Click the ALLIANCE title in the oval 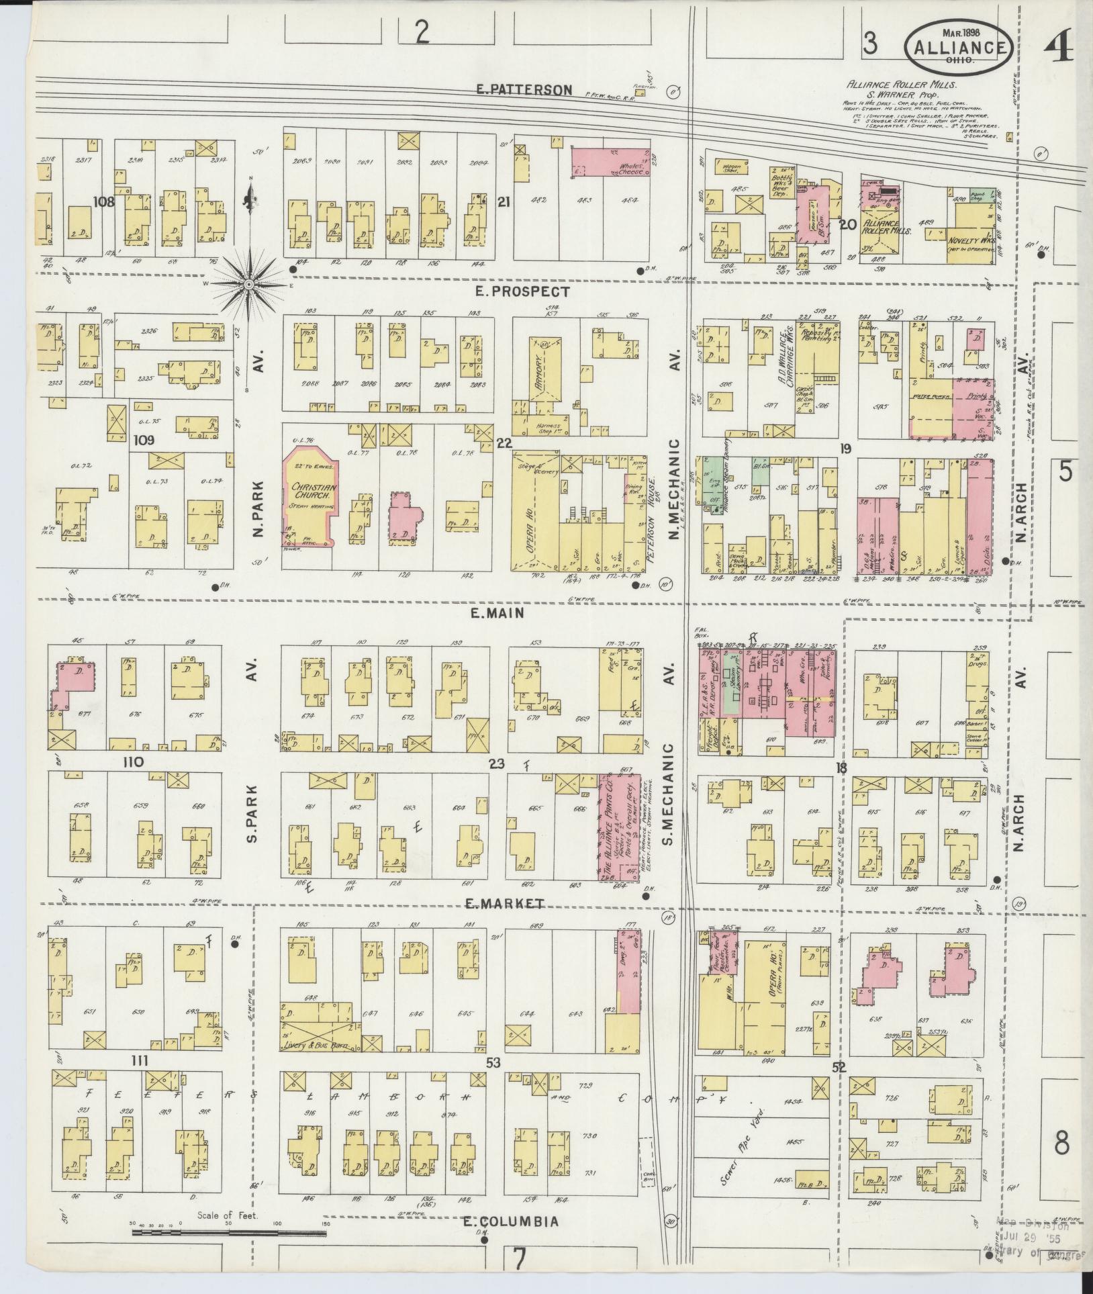click(958, 47)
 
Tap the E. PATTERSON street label click(534, 89)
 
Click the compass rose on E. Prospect click(249, 285)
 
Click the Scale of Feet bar click(228, 1232)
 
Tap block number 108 click(105, 201)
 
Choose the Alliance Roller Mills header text click(902, 85)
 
